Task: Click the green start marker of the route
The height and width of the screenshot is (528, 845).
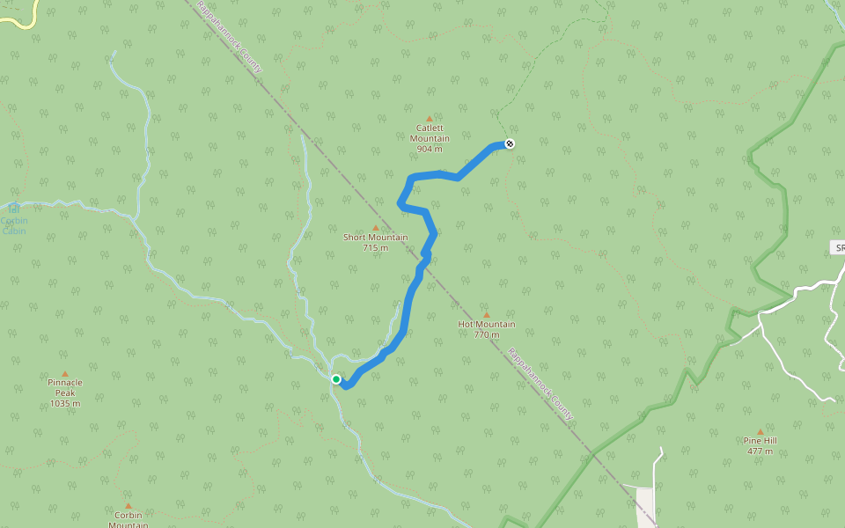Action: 336,379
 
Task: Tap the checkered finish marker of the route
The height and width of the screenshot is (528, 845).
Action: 510,143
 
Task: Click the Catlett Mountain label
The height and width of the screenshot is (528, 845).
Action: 430,133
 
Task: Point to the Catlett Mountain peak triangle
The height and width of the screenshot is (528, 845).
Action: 430,119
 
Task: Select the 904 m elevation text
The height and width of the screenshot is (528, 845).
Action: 430,150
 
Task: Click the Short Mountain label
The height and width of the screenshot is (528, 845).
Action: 376,238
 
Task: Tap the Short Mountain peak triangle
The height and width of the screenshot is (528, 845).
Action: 376,228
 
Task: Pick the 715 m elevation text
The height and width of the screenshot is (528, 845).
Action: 376,248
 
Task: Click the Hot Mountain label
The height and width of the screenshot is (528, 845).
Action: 487,324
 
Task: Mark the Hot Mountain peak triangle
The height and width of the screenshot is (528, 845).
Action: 487,314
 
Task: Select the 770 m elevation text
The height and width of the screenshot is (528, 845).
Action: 487,334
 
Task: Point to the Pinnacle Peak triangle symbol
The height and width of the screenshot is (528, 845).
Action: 65,374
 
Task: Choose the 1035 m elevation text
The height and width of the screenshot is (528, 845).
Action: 65,404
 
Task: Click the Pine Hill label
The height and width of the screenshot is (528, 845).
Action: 760,440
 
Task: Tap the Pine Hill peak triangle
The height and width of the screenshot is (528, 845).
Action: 760,431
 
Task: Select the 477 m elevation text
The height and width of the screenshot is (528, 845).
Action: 760,451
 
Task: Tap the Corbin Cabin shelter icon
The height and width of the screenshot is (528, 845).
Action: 14,208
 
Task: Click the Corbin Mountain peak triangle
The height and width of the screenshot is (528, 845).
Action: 129,506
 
